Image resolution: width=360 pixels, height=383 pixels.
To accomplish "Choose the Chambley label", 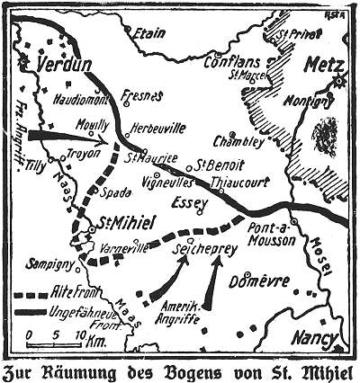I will pyautogui.click(x=238, y=141).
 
